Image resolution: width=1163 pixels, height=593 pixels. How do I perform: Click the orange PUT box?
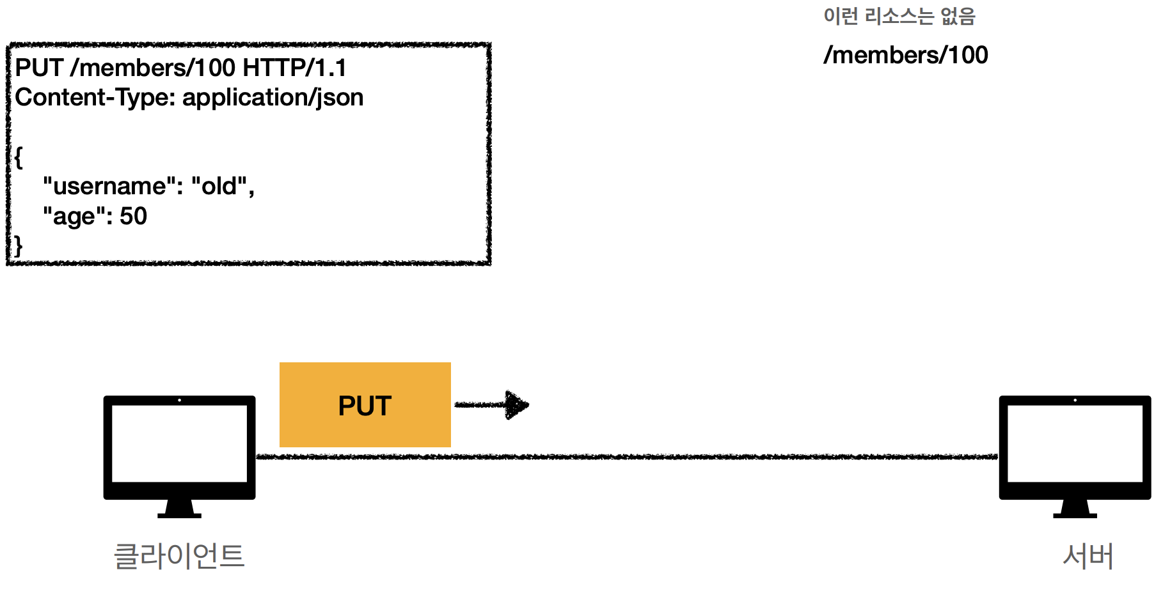(x=365, y=404)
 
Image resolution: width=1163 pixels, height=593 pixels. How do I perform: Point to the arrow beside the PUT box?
(x=491, y=404)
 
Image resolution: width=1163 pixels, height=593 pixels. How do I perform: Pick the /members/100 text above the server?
(x=905, y=56)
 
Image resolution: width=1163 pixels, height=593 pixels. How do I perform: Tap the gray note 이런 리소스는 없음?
(x=899, y=16)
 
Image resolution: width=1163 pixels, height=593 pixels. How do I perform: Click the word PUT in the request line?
(x=39, y=68)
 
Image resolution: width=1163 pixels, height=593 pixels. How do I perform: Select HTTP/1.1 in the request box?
(x=294, y=68)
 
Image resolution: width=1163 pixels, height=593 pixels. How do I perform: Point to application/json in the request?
(x=273, y=98)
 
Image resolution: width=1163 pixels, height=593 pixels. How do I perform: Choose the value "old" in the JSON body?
(x=219, y=186)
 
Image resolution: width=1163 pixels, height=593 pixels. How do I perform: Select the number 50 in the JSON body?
(x=133, y=217)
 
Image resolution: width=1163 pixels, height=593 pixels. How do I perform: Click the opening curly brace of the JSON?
(x=19, y=157)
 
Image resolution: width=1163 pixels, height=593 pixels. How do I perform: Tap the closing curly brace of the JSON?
(x=19, y=245)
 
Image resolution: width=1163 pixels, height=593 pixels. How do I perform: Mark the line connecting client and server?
(x=627, y=457)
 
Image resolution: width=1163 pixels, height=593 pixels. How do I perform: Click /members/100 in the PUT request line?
(x=152, y=68)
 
